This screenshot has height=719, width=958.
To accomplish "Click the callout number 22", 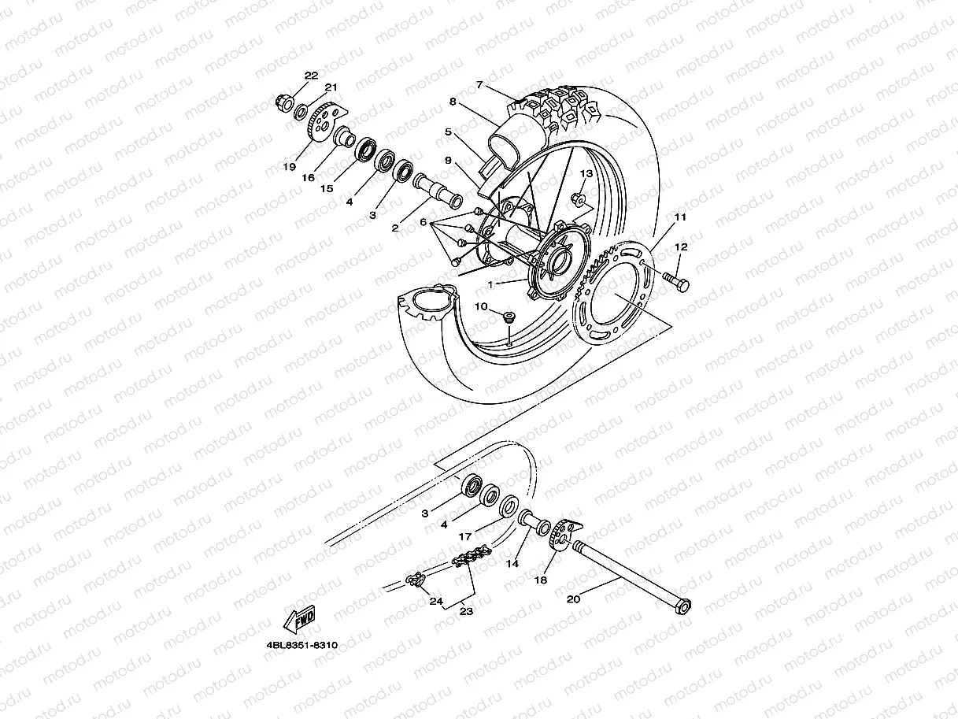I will [312, 76].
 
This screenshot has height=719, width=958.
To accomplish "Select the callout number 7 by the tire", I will [479, 85].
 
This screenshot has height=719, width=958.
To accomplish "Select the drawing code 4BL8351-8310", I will [301, 645].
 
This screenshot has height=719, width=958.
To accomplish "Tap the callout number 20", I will [573, 599].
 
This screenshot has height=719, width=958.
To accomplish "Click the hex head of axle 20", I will [684, 607].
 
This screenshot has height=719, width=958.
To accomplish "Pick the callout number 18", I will [541, 580].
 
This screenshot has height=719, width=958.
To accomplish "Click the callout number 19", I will [290, 167].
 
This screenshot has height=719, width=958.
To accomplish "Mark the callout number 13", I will [586, 172].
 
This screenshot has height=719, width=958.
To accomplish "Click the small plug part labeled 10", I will [508, 317].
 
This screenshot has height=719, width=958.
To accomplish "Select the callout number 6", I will [423, 224].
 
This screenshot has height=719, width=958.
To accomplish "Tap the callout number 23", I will [466, 611].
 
